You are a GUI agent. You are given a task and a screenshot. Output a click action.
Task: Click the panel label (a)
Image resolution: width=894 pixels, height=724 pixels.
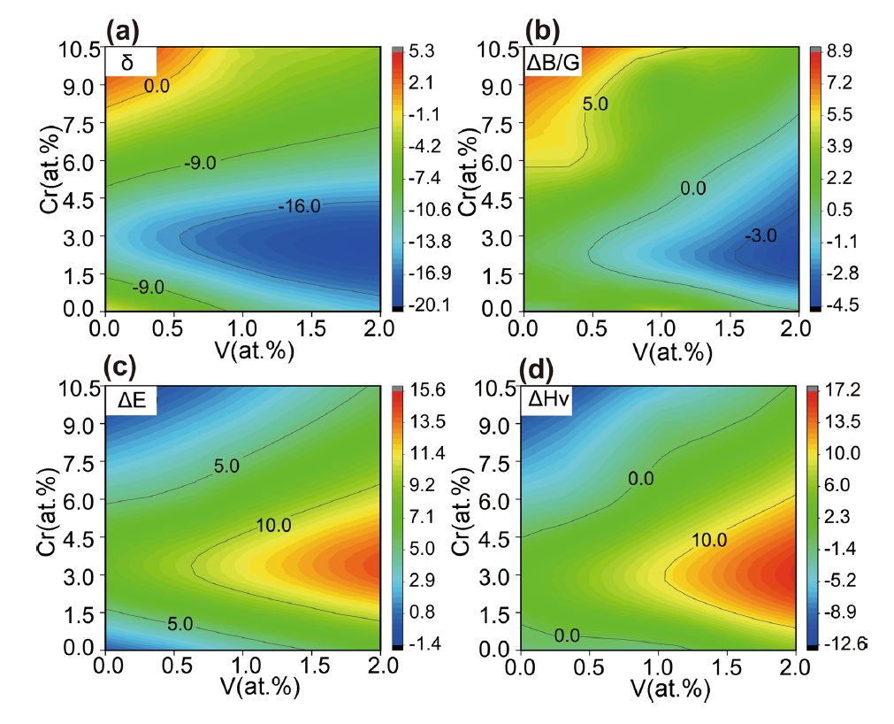pyautogui.click(x=123, y=32)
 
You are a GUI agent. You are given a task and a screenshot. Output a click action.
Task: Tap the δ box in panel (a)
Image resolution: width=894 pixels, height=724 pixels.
pyautogui.click(x=131, y=62)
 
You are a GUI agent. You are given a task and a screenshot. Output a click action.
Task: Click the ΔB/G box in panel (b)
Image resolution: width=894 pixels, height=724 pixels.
pyautogui.click(x=553, y=62)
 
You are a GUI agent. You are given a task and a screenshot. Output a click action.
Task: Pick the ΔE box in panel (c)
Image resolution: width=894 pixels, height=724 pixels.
pyautogui.click(x=131, y=401)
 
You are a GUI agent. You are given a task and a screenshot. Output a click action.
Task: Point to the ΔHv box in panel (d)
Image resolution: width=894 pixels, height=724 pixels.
pyautogui.click(x=547, y=401)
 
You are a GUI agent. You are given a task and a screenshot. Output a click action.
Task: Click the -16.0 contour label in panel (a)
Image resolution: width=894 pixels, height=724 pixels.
pyautogui.click(x=300, y=206)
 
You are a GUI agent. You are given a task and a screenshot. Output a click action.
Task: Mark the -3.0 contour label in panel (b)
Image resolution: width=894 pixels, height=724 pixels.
pyautogui.click(x=760, y=235)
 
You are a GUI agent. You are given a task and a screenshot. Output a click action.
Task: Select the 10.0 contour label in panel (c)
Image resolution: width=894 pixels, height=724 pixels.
pyautogui.click(x=273, y=525)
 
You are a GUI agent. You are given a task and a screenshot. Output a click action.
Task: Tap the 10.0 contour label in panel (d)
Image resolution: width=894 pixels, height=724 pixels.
pyautogui.click(x=709, y=539)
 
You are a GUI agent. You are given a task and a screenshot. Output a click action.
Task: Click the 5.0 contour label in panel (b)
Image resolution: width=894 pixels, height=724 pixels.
pyautogui.click(x=595, y=104)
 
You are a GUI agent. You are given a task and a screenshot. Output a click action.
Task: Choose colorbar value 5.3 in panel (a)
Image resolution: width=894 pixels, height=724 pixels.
pyautogui.click(x=421, y=51)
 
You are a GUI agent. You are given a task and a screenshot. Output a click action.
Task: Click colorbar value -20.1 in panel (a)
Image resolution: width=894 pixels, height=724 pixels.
pyautogui.click(x=429, y=305)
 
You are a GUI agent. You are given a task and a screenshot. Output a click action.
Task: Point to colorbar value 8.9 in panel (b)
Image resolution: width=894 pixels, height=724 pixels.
pyautogui.click(x=840, y=51)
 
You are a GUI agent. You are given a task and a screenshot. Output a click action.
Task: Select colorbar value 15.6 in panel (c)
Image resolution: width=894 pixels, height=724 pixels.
pyautogui.click(x=427, y=390)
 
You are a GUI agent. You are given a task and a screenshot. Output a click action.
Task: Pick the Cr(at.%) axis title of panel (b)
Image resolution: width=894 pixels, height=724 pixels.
pyautogui.click(x=466, y=171)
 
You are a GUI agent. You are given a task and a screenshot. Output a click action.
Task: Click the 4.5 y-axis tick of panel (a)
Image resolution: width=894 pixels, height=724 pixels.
pyautogui.click(x=78, y=198)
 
